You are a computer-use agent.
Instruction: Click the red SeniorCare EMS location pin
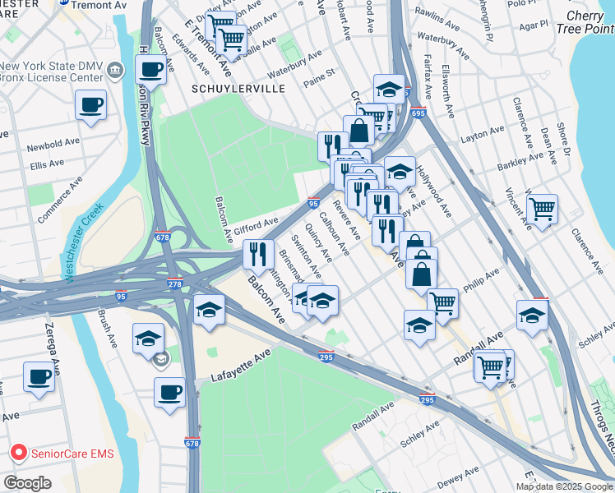point(17,453)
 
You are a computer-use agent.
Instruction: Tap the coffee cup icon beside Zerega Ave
point(39,376)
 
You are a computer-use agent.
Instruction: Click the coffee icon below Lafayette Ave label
point(169,391)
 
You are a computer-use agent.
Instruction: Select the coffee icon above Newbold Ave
point(90,104)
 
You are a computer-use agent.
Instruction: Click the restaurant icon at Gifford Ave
point(259,254)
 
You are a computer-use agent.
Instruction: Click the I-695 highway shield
point(418,113)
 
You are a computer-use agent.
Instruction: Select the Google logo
point(27,483)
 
